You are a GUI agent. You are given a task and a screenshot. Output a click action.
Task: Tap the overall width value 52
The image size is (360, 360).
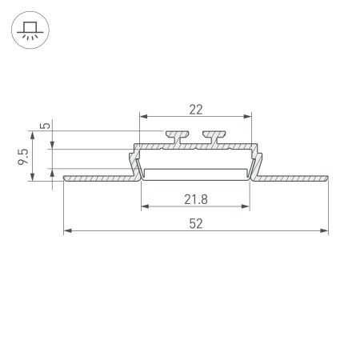(x=196, y=223)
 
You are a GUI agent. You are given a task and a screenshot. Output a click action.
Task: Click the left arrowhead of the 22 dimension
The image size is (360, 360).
(x=145, y=116)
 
